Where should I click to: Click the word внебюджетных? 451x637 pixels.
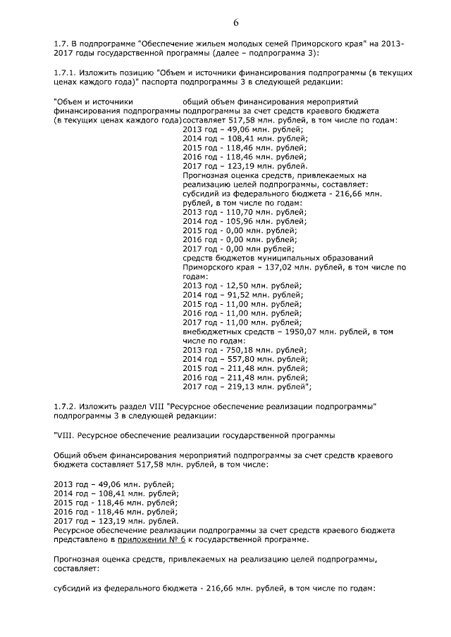(211, 331)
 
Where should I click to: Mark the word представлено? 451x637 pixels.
(79, 539)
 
